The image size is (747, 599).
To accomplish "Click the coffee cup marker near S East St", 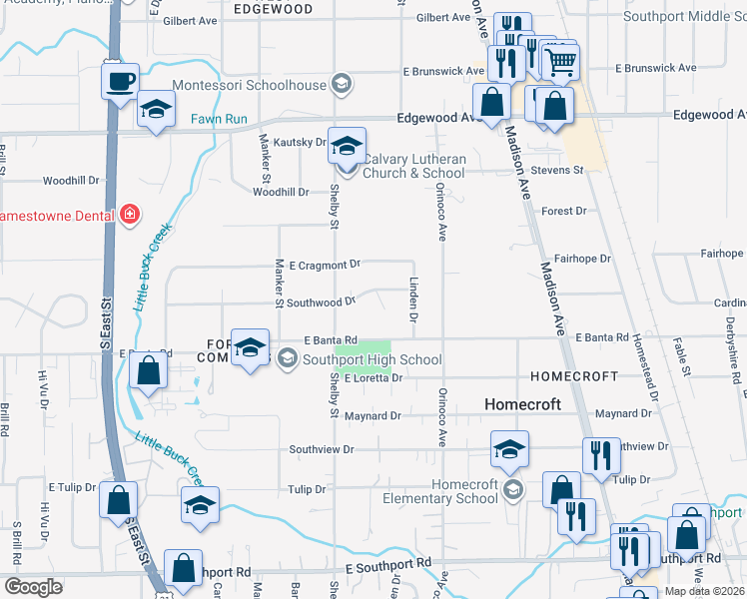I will [x=120, y=81].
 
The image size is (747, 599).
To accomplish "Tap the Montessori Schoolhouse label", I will [x=250, y=85].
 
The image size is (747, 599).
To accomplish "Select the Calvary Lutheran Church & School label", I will [x=413, y=166].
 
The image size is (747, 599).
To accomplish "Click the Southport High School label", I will [x=373, y=359].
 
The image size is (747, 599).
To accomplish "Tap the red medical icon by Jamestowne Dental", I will [x=129, y=215].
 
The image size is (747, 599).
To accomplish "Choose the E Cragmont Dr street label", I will [x=324, y=265].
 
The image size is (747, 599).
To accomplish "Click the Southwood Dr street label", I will [x=322, y=300].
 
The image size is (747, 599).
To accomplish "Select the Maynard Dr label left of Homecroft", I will [x=373, y=415].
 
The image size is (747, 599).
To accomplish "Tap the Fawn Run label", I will [x=219, y=120].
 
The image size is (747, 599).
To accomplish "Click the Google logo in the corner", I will [x=33, y=586].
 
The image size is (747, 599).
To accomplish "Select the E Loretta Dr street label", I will [x=372, y=378].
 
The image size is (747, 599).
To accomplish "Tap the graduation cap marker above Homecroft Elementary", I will [x=509, y=450].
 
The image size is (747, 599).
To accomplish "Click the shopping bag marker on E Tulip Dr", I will [x=119, y=499].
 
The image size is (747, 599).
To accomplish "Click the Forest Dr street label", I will [x=563, y=211].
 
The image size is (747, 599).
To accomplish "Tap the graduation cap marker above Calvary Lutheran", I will [x=347, y=147].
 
